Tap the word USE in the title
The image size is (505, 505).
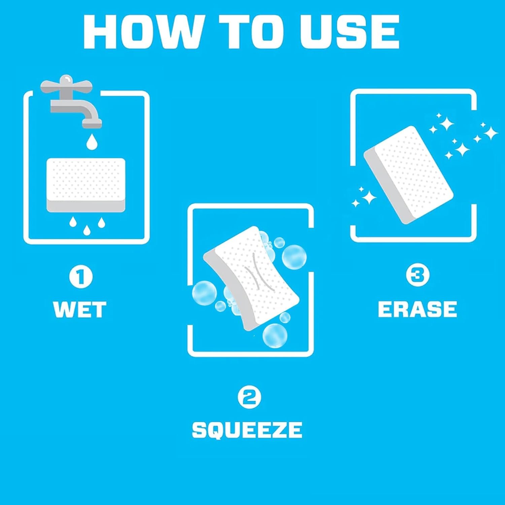[x=350, y=32]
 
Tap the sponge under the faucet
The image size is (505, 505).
[x=86, y=185]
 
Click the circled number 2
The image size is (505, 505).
[x=249, y=398]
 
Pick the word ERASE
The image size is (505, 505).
[x=417, y=309]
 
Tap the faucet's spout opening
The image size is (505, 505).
[x=92, y=125]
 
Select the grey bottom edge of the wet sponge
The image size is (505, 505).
[x=86, y=206]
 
